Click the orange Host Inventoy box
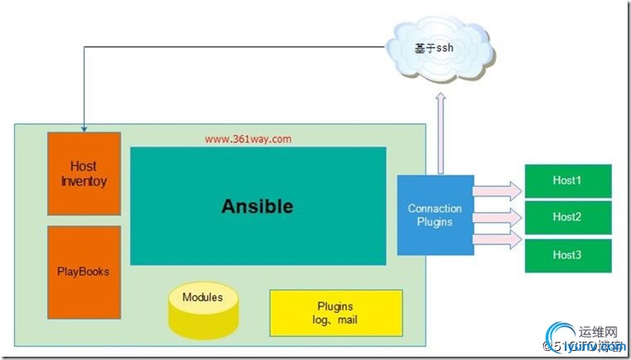tap(84, 173)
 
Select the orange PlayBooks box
tap(84, 270)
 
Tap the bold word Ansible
tap(257, 206)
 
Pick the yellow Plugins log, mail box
tap(336, 313)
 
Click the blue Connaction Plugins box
tap(435, 215)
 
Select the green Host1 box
tap(567, 180)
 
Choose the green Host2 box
tap(567, 217)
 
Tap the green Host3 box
tap(567, 255)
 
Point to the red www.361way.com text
tap(248, 139)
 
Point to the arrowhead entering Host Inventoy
tap(84, 128)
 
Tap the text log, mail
tap(336, 320)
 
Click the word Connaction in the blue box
tap(435, 208)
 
